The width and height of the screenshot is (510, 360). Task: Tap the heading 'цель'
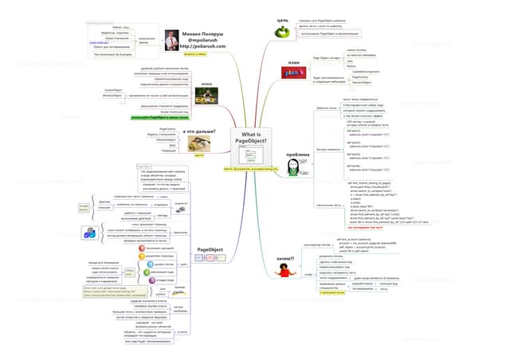pyautogui.click(x=282, y=19)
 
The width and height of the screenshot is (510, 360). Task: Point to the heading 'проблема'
pyautogui.click(x=296, y=154)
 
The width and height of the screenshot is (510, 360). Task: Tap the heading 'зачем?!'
pyautogui.click(x=284, y=258)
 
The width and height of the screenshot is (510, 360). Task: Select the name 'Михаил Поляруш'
pyautogui.click(x=202, y=34)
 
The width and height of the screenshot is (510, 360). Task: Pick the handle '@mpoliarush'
pyautogui.click(x=202, y=41)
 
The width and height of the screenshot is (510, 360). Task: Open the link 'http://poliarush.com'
pyautogui.click(x=202, y=47)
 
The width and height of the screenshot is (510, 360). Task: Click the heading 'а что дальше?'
pyautogui.click(x=199, y=131)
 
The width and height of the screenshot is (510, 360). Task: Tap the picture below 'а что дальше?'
pyautogui.click(x=199, y=143)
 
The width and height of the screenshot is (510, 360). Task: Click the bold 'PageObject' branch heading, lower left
pyautogui.click(x=209, y=248)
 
